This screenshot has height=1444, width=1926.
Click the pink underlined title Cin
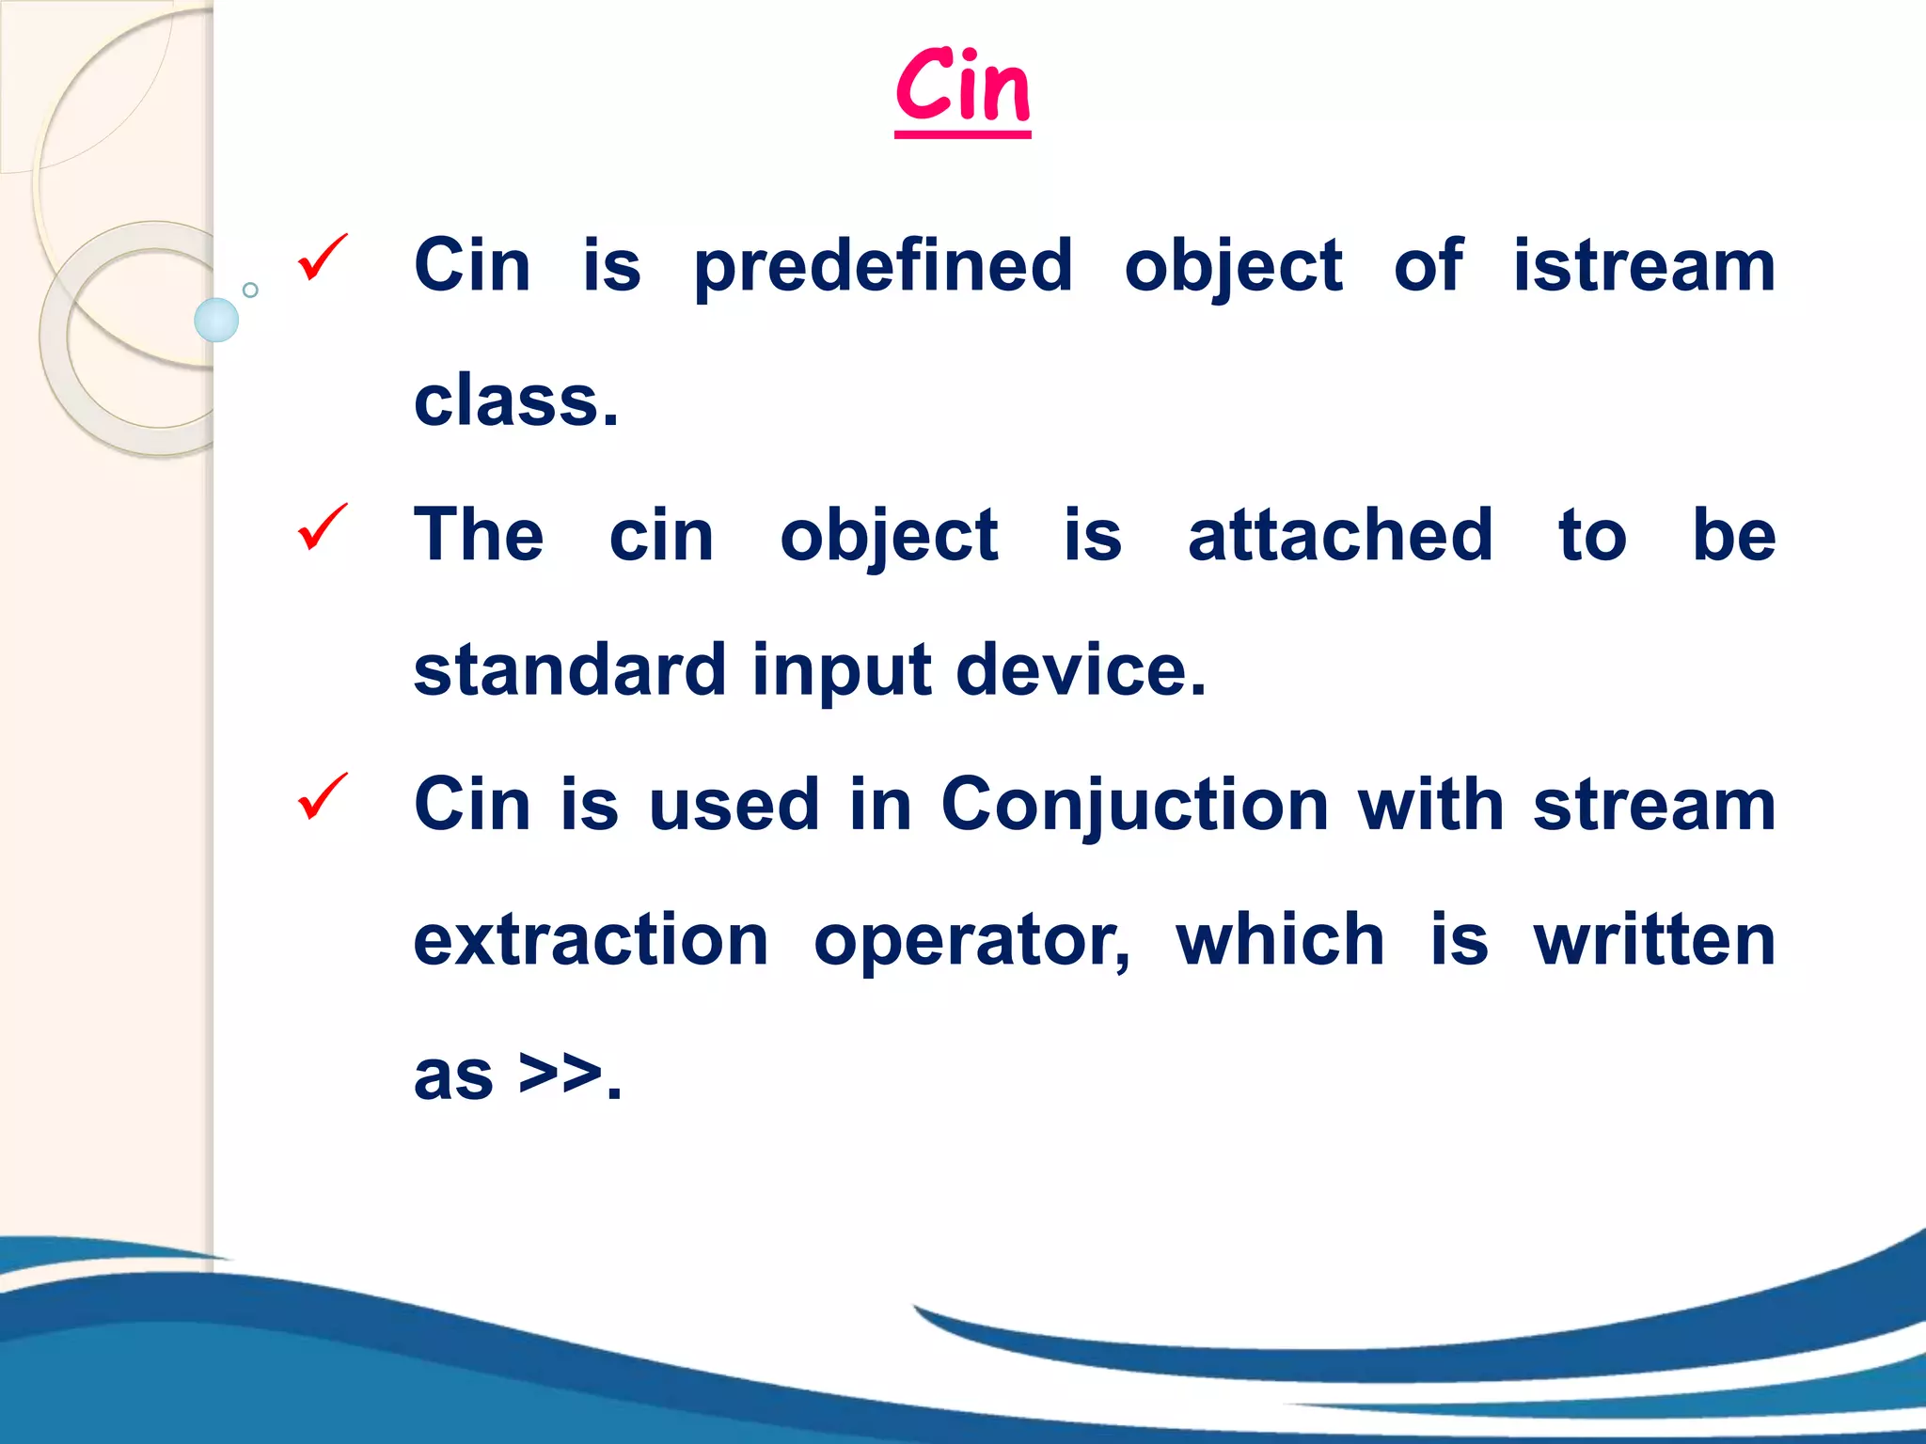(x=962, y=89)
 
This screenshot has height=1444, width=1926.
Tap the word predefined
(x=883, y=267)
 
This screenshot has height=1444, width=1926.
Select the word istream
(x=1644, y=265)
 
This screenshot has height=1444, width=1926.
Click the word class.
(x=515, y=401)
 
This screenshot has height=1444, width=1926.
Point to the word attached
(x=1340, y=535)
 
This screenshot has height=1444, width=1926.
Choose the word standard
(x=570, y=669)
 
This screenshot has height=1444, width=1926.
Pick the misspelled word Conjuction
(x=1134, y=806)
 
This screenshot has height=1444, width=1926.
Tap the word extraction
(x=591, y=939)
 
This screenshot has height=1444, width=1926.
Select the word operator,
(x=972, y=941)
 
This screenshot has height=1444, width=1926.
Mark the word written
(x=1654, y=939)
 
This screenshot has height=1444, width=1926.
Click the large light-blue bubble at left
(x=216, y=320)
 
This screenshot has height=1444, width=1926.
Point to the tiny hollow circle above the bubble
(x=250, y=290)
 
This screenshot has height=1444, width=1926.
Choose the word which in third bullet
(x=1280, y=939)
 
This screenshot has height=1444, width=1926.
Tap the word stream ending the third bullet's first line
(x=1654, y=806)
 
